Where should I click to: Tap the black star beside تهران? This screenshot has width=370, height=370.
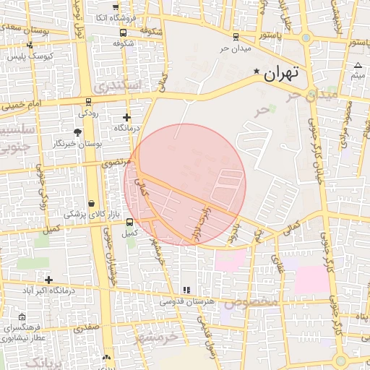[257, 71]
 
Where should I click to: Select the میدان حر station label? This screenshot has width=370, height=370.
[235, 49]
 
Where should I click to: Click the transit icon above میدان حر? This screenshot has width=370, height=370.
[236, 37]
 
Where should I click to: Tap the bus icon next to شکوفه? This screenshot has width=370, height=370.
[124, 32]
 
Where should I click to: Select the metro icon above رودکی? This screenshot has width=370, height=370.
[88, 102]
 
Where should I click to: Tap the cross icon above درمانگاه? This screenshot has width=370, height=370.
[127, 117]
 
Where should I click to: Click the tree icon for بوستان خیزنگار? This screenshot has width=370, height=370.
[77, 132]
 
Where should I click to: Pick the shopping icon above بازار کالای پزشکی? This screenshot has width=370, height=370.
[92, 204]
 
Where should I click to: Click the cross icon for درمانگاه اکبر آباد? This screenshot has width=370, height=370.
[48, 280]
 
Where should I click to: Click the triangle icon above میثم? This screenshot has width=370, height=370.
[358, 66]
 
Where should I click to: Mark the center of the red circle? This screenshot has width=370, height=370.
[185, 184]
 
